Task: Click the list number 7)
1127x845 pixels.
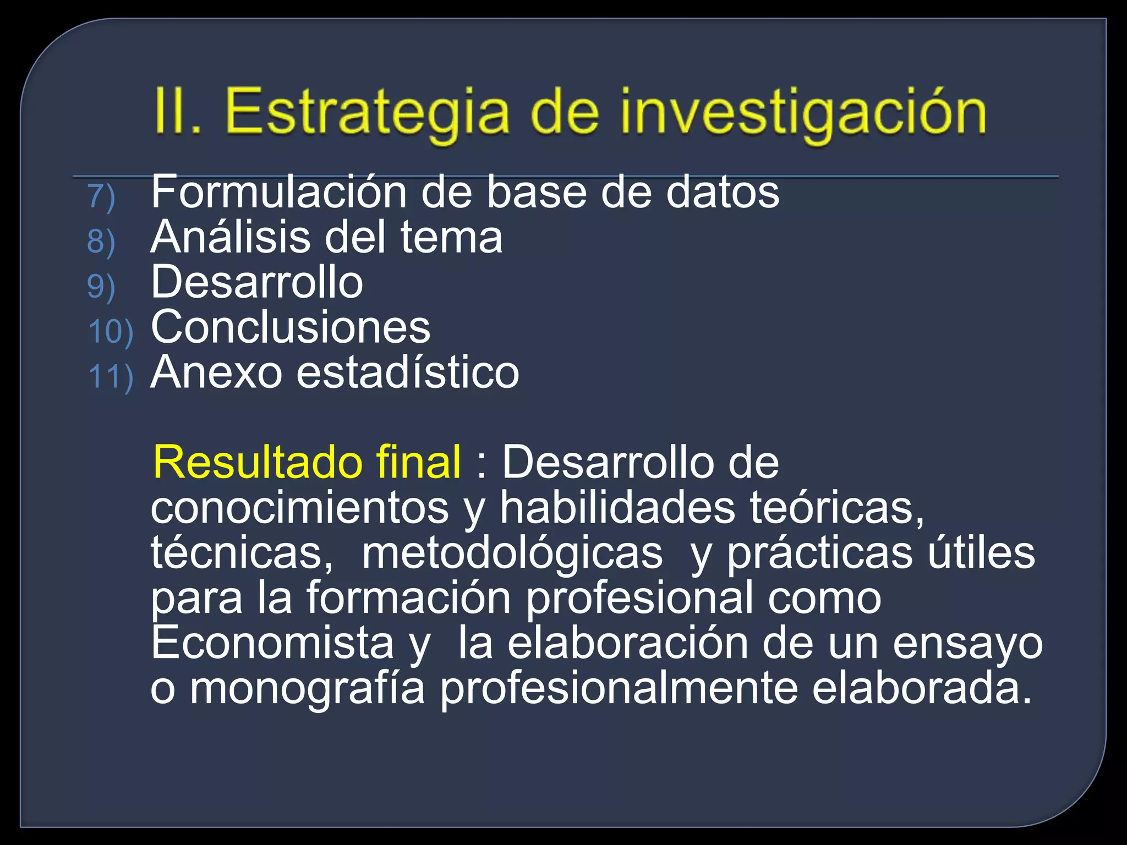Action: [x=101, y=197]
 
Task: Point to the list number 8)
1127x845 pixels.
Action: [x=101, y=242]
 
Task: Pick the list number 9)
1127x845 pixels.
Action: [x=101, y=287]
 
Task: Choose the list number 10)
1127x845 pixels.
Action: [x=111, y=332]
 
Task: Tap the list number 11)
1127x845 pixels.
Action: [x=111, y=377]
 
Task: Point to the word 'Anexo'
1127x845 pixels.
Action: [x=216, y=372]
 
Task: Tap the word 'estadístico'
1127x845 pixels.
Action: [x=408, y=372]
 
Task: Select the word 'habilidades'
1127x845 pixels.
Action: [x=617, y=507]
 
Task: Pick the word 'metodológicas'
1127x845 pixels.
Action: [x=512, y=553]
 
